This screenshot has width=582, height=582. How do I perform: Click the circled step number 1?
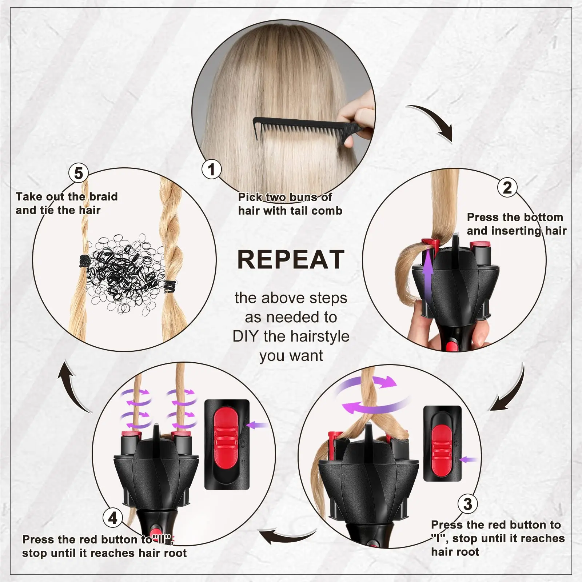point(211,169)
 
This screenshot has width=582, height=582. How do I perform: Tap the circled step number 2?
point(507,187)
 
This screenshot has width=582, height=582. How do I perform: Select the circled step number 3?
point(467,504)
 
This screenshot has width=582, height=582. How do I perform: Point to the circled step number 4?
point(113,518)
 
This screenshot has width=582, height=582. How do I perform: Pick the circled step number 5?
point(79,173)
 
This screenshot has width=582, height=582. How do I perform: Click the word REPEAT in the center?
point(291,260)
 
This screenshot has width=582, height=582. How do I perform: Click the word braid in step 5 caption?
point(103,196)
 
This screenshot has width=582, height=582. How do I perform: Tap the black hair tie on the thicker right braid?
point(170,286)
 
